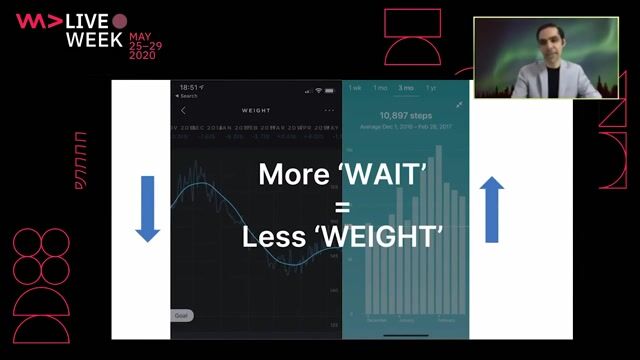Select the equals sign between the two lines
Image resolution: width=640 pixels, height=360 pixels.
tap(342, 206)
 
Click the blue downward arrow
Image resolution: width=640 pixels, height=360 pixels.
tap(148, 208)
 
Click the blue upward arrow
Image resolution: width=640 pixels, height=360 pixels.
tap(492, 209)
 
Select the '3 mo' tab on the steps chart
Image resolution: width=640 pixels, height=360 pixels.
tap(406, 89)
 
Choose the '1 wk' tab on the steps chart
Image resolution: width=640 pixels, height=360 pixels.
tap(354, 89)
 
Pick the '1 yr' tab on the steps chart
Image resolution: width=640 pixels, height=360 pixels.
tap(431, 89)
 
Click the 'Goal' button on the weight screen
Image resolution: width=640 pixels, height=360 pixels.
tap(182, 315)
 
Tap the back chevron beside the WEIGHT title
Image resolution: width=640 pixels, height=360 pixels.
tap(183, 110)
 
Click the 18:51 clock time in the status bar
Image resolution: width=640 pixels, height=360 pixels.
tap(188, 88)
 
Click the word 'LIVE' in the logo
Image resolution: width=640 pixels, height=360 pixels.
tap(88, 21)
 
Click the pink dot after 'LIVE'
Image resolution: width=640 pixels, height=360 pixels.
tap(119, 21)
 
